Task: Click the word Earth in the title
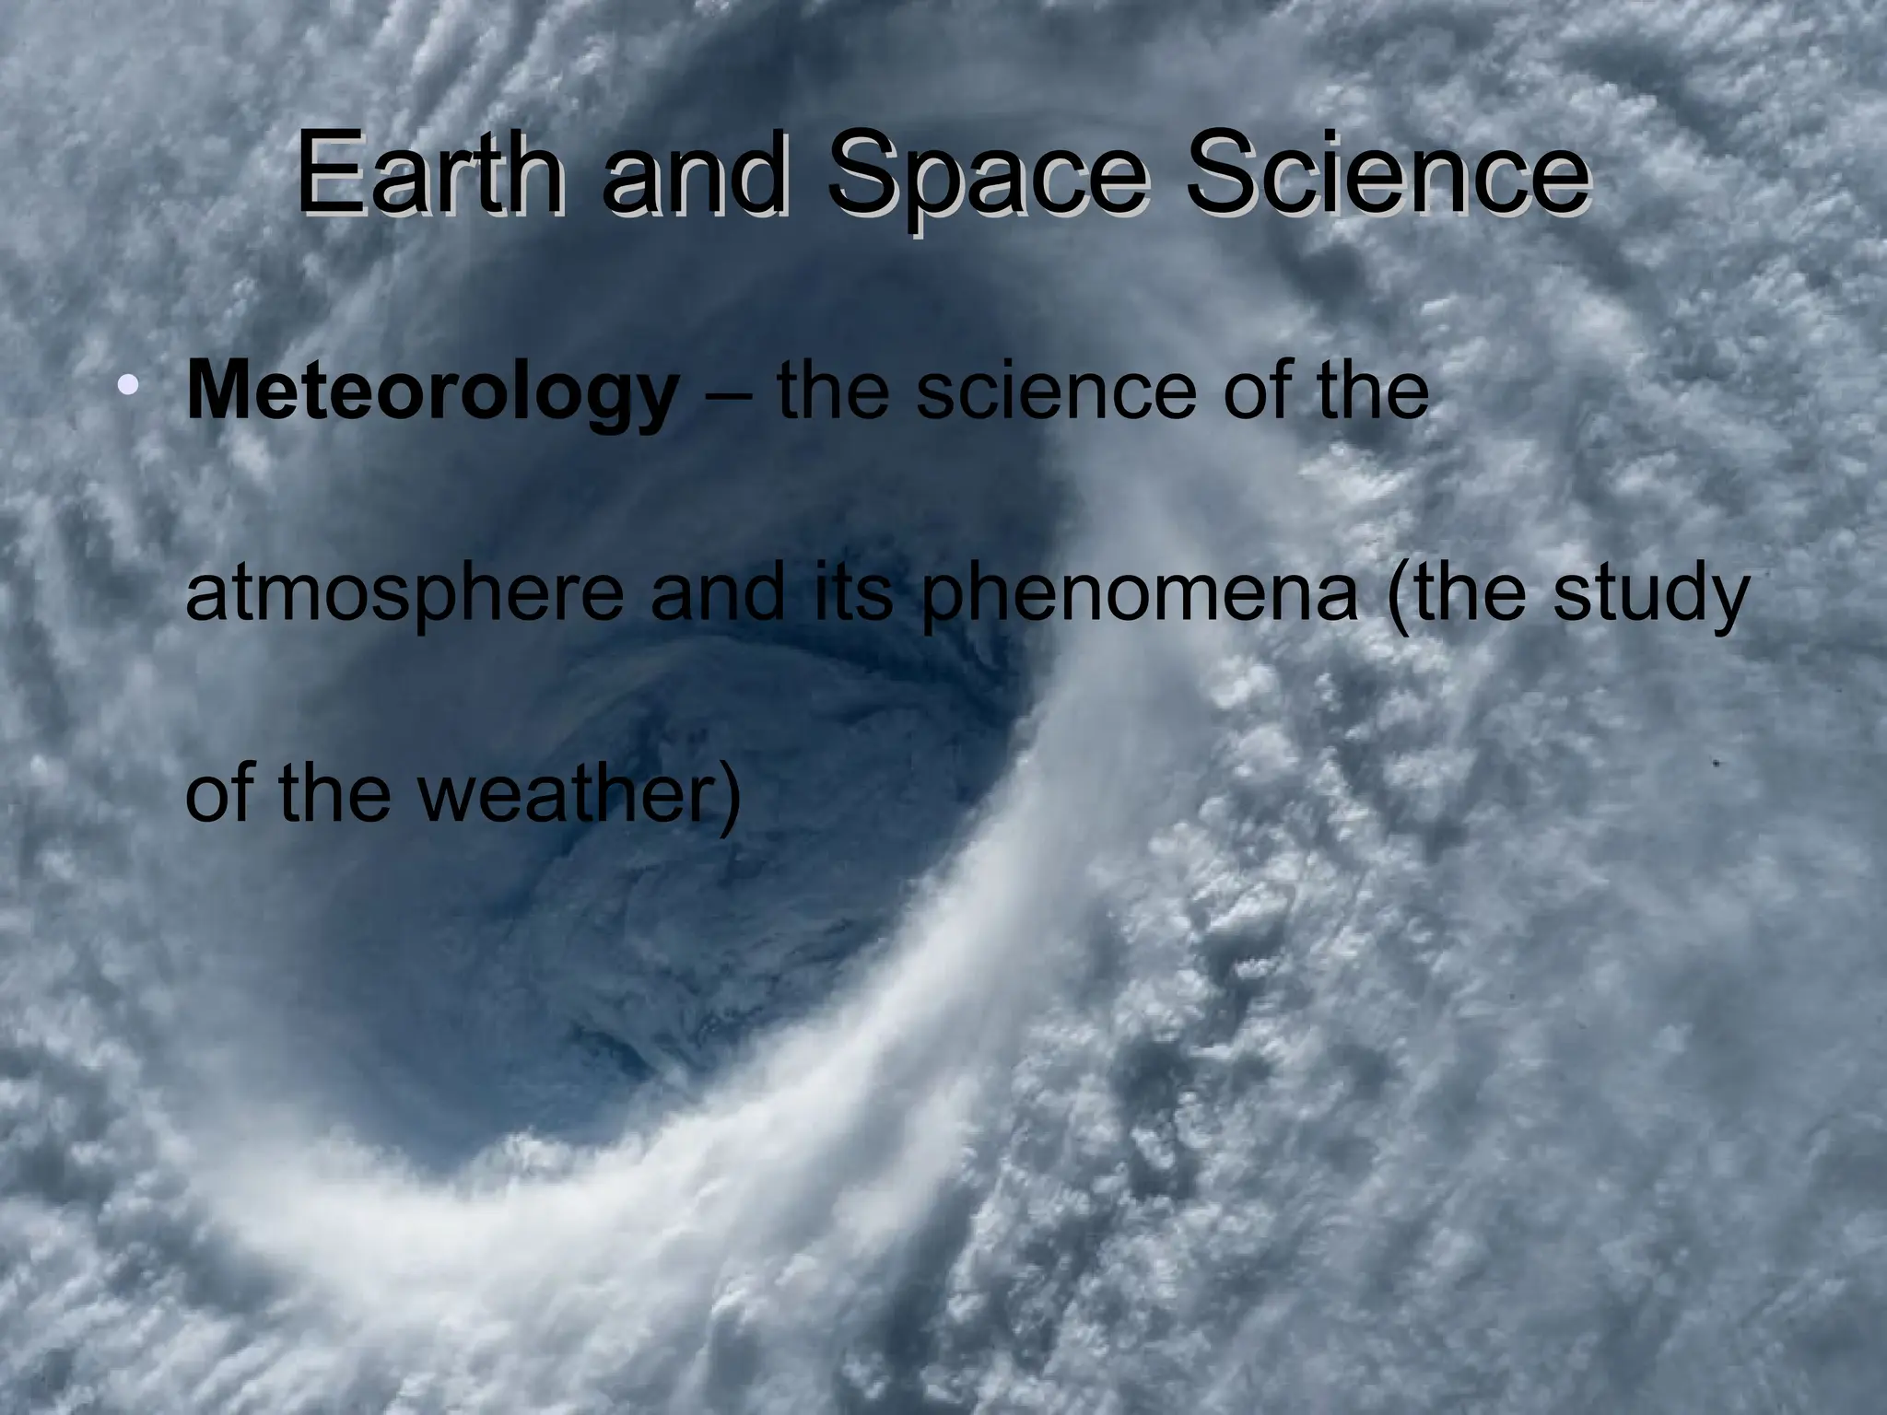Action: pyautogui.click(x=429, y=175)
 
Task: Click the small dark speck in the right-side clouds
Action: pyautogui.click(x=1716, y=764)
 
